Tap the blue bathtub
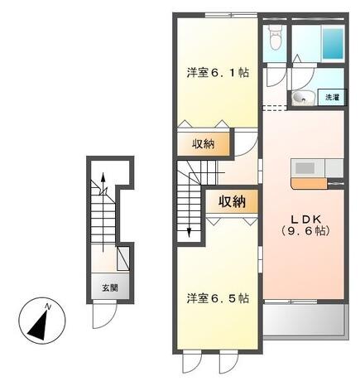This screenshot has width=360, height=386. (x=333, y=43)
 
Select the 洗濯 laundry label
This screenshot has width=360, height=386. (x=332, y=97)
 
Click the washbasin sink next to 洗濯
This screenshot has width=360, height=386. (x=301, y=98)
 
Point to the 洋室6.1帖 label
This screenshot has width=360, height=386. (x=218, y=73)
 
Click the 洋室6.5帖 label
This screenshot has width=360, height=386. (x=218, y=298)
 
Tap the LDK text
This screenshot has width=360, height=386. (x=306, y=220)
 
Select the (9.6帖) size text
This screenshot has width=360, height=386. (x=305, y=231)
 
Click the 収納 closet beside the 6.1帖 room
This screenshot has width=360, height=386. (x=204, y=144)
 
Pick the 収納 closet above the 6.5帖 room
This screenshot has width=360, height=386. (x=232, y=201)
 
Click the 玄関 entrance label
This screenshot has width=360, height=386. (x=110, y=288)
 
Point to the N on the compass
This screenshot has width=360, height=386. (x=48, y=306)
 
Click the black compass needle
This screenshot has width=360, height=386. (x=40, y=325)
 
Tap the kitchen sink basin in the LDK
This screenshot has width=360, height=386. (x=305, y=168)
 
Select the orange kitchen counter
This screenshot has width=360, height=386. (x=309, y=184)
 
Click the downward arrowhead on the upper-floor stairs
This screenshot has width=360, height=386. (x=190, y=233)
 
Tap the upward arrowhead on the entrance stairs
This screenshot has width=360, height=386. (x=103, y=176)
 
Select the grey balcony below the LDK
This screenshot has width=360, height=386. (x=305, y=320)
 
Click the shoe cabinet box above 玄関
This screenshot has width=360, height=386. (x=123, y=258)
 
